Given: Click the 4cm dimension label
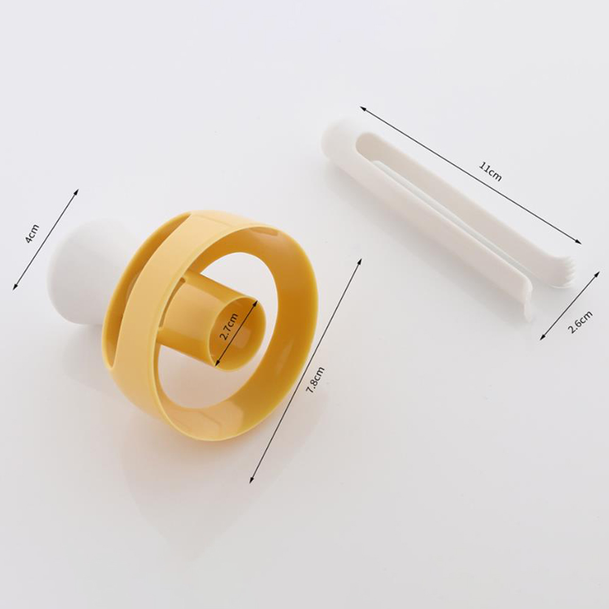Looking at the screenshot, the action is (32, 233).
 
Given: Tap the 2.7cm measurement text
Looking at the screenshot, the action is (229, 326).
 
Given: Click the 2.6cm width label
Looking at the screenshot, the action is (580, 322).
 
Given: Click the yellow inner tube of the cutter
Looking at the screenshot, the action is (218, 318).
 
